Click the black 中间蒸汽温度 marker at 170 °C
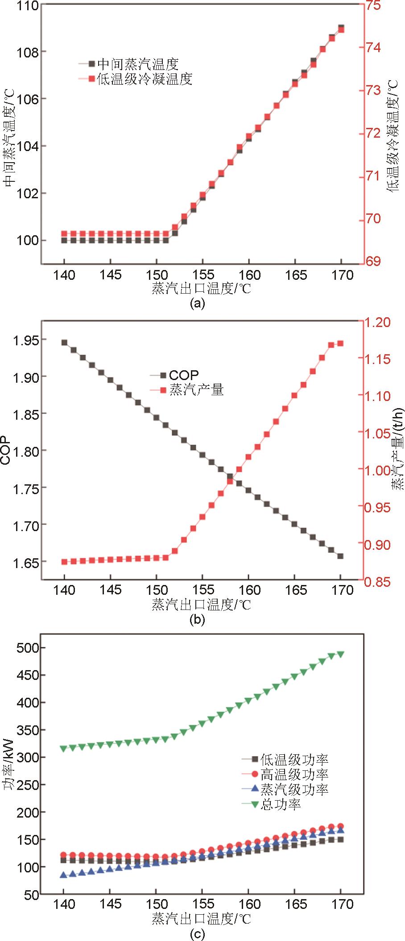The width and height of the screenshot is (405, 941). [341, 28]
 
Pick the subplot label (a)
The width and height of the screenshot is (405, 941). [197, 304]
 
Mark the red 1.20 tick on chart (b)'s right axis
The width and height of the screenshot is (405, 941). [376, 322]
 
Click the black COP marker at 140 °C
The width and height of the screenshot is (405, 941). [64, 343]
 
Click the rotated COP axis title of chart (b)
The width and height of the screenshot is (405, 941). [6, 451]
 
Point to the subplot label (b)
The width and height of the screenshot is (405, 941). [197, 619]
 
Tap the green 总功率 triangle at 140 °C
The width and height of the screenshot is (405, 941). [64, 749]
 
